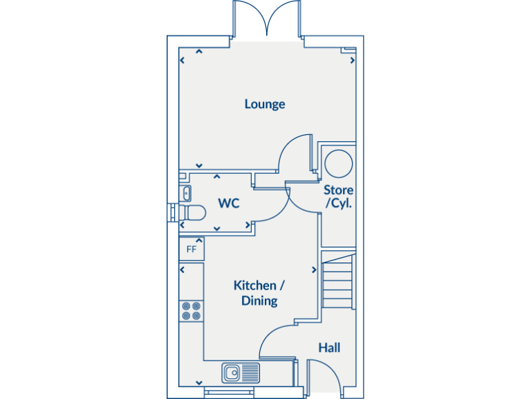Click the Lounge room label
[x=265, y=104]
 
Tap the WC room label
[x=229, y=204]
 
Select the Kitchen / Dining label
[x=259, y=293]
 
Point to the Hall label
[x=329, y=348]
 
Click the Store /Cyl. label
[x=339, y=197]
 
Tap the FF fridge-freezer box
[x=192, y=249]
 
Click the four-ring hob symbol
[x=191, y=310]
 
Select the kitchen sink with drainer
[x=241, y=373]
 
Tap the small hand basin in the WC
[x=186, y=193]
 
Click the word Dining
[x=259, y=301]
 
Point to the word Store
[x=339, y=190]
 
